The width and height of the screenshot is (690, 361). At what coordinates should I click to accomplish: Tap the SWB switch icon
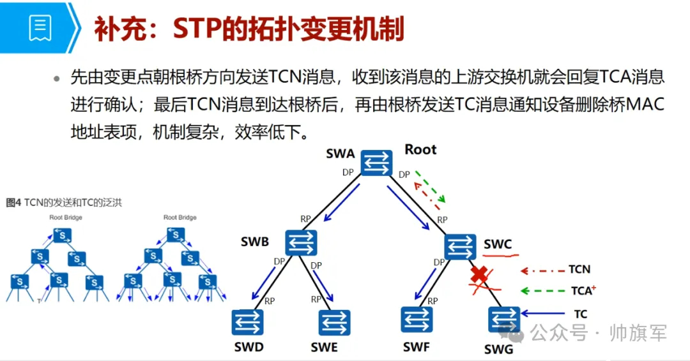[301, 242]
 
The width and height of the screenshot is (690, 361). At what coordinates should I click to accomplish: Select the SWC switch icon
[460, 246]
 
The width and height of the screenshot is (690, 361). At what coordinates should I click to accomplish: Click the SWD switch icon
[247, 323]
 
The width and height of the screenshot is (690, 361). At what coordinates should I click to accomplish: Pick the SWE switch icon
[334, 323]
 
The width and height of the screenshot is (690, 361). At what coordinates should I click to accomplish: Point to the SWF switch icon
[417, 320]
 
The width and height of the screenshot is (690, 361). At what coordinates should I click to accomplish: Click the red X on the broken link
[480, 275]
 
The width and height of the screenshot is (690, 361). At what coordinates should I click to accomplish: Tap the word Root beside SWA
[420, 150]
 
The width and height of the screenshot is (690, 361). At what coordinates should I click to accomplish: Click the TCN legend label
[579, 270]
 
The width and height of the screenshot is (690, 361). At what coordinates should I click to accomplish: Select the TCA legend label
[581, 291]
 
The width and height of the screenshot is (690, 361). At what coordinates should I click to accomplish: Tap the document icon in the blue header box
[40, 27]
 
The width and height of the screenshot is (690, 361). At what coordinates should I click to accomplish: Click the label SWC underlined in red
[497, 244]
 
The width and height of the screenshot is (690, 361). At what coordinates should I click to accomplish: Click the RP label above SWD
[269, 300]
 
